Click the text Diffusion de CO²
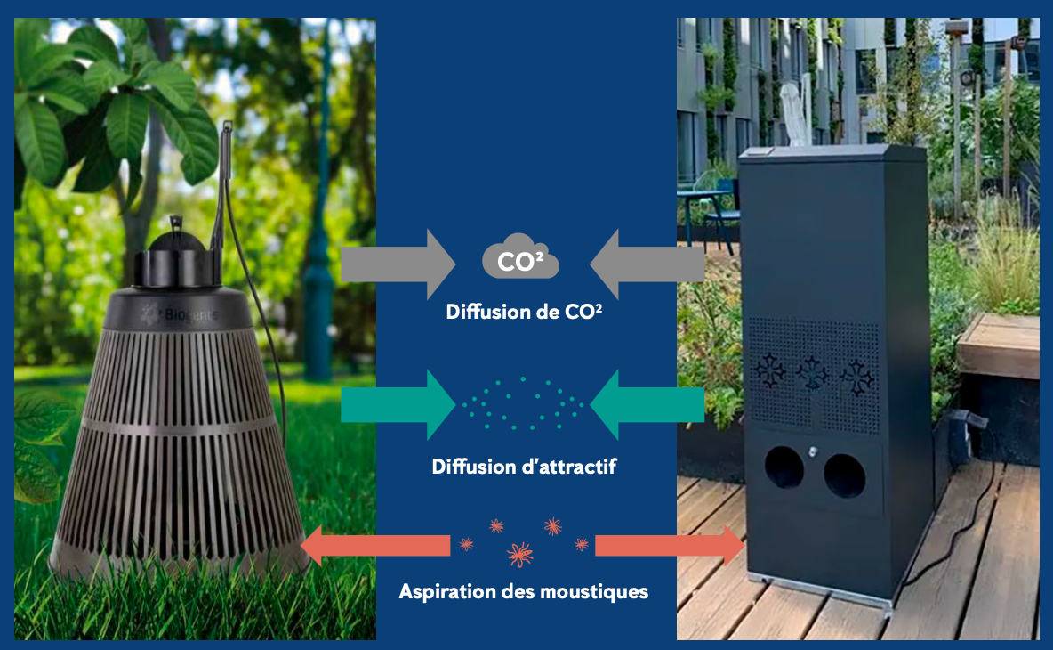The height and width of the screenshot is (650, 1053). pyautogui.click(x=525, y=313)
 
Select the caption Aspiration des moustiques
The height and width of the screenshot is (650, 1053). pyautogui.click(x=524, y=591)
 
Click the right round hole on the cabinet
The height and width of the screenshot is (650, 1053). pyautogui.click(x=844, y=475)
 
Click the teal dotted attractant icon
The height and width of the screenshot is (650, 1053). pyautogui.click(x=523, y=402)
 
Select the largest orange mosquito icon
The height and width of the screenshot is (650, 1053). pyautogui.click(x=520, y=555)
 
